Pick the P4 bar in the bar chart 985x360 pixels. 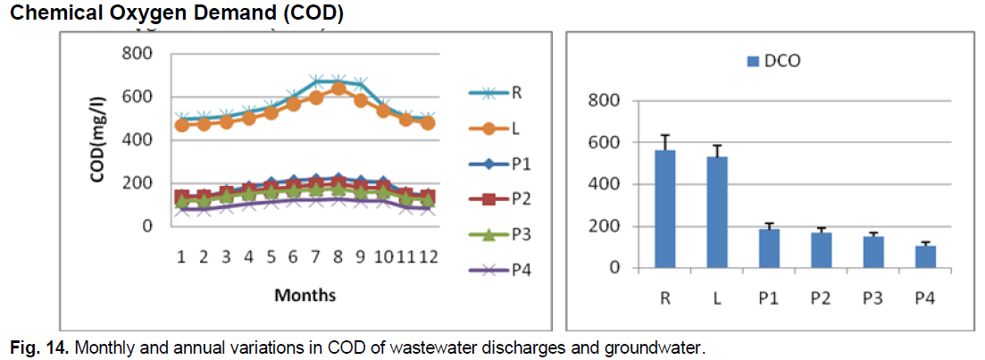coord(925,256)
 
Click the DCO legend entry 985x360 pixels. coord(773,61)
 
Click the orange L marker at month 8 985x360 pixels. coord(338,88)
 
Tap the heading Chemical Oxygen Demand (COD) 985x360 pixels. coord(172,14)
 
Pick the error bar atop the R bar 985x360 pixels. coord(664,142)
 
